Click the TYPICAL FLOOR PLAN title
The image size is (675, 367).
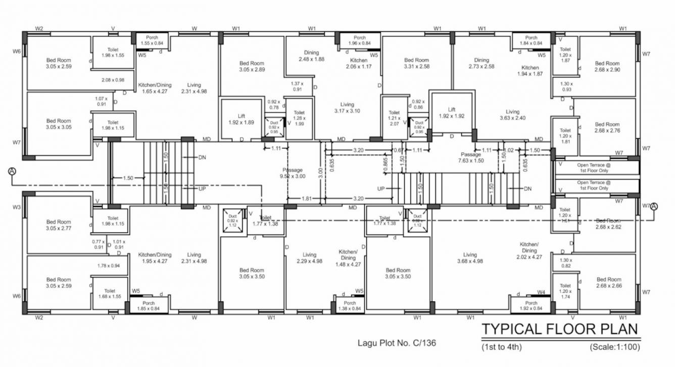(559, 329)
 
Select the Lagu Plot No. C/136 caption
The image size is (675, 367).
(397, 343)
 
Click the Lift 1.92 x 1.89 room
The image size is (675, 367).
(242, 119)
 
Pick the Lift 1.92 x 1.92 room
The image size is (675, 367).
(452, 113)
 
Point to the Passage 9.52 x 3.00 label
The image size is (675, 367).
(293, 173)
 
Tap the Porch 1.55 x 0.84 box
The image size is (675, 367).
(152, 40)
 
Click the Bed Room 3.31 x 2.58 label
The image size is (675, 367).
(416, 63)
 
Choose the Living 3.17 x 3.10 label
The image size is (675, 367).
(347, 108)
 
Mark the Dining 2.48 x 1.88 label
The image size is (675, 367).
(311, 56)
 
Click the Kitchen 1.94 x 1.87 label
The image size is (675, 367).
(530, 71)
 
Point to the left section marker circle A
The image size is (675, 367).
(12, 172)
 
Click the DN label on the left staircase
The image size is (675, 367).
(202, 158)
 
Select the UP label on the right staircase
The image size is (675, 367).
(381, 188)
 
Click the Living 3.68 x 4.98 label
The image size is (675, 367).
(469, 258)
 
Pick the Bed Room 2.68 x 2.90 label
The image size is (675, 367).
(607, 67)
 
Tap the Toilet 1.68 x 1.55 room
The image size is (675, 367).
(110, 294)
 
